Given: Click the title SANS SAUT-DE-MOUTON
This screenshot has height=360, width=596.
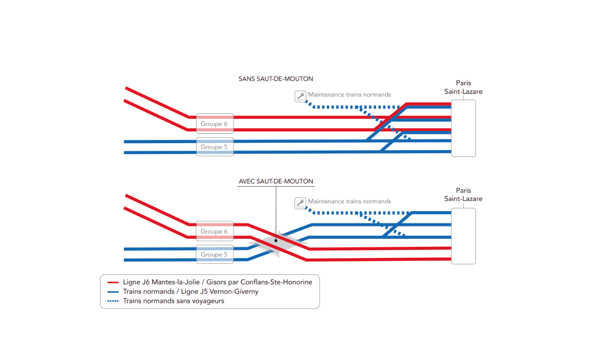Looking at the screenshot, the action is click(x=275, y=79).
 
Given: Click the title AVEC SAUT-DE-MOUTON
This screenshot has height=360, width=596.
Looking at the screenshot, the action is click(x=275, y=182).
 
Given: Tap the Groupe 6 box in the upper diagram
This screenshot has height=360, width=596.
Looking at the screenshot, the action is click(x=215, y=123).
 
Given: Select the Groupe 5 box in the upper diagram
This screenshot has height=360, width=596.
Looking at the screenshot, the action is click(x=215, y=146).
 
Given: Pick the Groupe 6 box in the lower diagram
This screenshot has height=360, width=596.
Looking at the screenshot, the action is click(x=215, y=231).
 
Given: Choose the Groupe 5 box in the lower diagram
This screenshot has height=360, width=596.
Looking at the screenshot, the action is click(x=215, y=254).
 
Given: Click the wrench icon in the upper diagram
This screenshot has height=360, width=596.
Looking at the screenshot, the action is click(x=300, y=96).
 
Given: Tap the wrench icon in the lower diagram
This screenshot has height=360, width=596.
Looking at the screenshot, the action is click(x=300, y=203).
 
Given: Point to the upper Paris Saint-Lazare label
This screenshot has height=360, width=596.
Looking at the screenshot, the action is click(x=463, y=87).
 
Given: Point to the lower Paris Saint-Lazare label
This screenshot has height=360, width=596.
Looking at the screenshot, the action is click(x=463, y=194).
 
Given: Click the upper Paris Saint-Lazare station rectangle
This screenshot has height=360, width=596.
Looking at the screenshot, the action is click(x=464, y=128).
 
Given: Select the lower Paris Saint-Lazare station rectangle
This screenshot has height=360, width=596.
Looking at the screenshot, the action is click(x=464, y=236).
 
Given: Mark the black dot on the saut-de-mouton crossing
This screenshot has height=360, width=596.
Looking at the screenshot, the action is click(x=276, y=240).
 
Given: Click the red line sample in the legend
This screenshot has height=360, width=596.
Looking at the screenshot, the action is click(x=113, y=282).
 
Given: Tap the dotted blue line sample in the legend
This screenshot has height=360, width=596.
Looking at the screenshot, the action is click(x=113, y=301).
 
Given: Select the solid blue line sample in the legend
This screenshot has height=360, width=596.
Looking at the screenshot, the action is click(x=113, y=292).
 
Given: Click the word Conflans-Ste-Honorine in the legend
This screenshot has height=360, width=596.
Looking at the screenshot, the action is click(x=276, y=282).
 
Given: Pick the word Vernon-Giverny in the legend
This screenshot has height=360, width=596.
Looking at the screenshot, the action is click(x=234, y=291).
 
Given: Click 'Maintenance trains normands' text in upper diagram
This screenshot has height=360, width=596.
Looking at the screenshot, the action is click(x=349, y=95).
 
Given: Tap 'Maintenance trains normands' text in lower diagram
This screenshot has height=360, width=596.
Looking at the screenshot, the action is click(x=349, y=201).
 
